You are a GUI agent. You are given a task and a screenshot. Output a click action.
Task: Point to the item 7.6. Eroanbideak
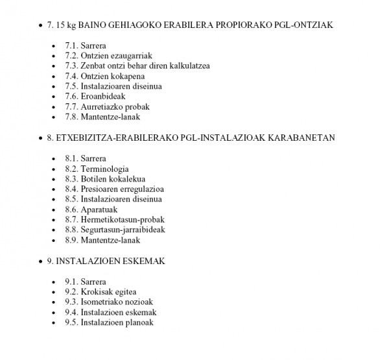(95, 97)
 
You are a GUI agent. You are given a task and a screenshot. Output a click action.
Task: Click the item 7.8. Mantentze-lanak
(102, 117)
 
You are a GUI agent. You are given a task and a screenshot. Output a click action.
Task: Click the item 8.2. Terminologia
(97, 169)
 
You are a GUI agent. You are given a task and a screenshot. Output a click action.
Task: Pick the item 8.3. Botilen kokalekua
(105, 178)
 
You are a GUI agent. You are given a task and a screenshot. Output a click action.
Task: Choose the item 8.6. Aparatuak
(94, 210)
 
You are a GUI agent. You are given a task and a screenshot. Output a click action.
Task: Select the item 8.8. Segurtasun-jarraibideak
(115, 230)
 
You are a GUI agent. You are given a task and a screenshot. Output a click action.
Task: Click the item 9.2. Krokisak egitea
(100, 291)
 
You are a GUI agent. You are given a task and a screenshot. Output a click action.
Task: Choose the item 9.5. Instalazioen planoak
(109, 322)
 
